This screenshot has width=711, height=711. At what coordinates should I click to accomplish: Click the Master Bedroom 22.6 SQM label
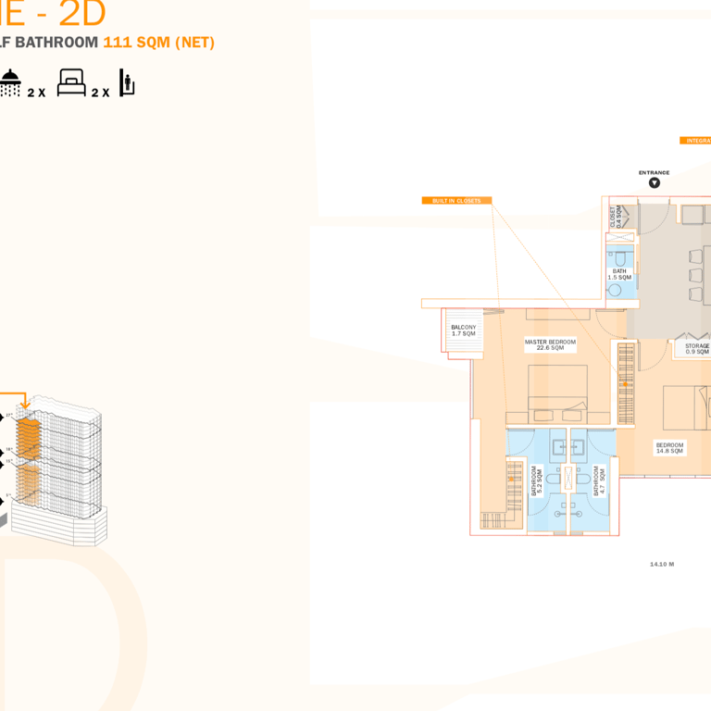(x=550, y=344)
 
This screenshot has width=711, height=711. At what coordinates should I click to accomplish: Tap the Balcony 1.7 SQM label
(x=464, y=331)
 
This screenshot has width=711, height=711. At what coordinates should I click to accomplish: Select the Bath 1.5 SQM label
(x=619, y=274)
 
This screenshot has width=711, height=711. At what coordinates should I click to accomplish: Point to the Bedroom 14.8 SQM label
(x=669, y=447)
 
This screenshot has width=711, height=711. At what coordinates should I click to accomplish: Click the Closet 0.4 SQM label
(x=616, y=218)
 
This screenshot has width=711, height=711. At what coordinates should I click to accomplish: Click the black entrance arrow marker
(x=655, y=183)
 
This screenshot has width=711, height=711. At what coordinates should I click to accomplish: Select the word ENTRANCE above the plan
(x=654, y=172)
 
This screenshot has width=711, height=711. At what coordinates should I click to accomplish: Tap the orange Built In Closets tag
(x=456, y=200)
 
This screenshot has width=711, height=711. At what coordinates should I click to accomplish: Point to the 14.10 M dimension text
(x=662, y=564)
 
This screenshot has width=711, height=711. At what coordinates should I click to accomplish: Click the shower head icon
(x=10, y=81)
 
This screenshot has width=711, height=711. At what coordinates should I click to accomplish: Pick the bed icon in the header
(x=71, y=83)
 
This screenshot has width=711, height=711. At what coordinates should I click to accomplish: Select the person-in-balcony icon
(x=127, y=82)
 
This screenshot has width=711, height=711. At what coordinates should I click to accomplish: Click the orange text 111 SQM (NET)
(x=158, y=43)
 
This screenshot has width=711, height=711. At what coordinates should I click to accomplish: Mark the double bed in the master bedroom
(x=557, y=393)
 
